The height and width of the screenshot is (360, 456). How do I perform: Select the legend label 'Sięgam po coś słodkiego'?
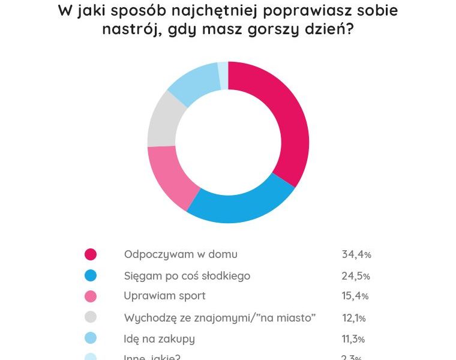[187, 276]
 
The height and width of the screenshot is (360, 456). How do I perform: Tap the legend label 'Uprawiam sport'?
[164, 296]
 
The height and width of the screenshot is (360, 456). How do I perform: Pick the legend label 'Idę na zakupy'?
[159, 339]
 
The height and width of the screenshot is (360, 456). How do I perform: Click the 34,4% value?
[356, 254]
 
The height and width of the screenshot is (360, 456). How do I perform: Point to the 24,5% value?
[356, 276]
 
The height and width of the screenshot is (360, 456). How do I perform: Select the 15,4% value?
[355, 296]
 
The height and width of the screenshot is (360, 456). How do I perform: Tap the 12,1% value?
[353, 318]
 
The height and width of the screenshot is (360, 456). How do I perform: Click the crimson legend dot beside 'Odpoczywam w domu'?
[91, 254]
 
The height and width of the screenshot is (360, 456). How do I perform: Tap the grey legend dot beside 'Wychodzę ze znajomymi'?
[91, 317]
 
